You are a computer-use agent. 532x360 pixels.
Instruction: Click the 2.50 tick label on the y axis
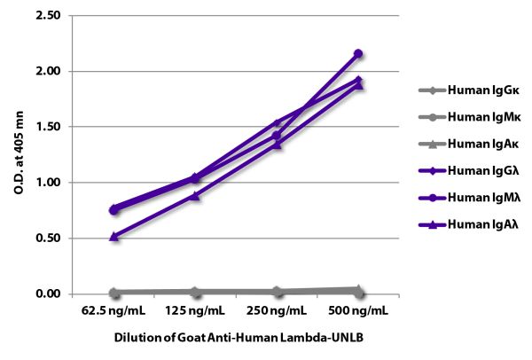click(48, 16)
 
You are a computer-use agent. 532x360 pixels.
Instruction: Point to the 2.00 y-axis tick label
click(48, 71)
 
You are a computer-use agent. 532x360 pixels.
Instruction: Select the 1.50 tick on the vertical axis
click(48, 127)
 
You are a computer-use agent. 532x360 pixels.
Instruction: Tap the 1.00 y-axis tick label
click(48, 183)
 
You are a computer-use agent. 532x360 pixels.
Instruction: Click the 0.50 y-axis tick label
click(48, 239)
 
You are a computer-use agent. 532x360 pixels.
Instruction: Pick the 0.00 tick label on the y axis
click(48, 294)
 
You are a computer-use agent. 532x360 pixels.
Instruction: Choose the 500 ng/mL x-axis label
click(358, 313)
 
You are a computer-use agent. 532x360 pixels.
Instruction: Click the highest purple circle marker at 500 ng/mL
click(358, 53)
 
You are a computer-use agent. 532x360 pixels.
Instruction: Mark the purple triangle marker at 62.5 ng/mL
click(113, 236)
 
